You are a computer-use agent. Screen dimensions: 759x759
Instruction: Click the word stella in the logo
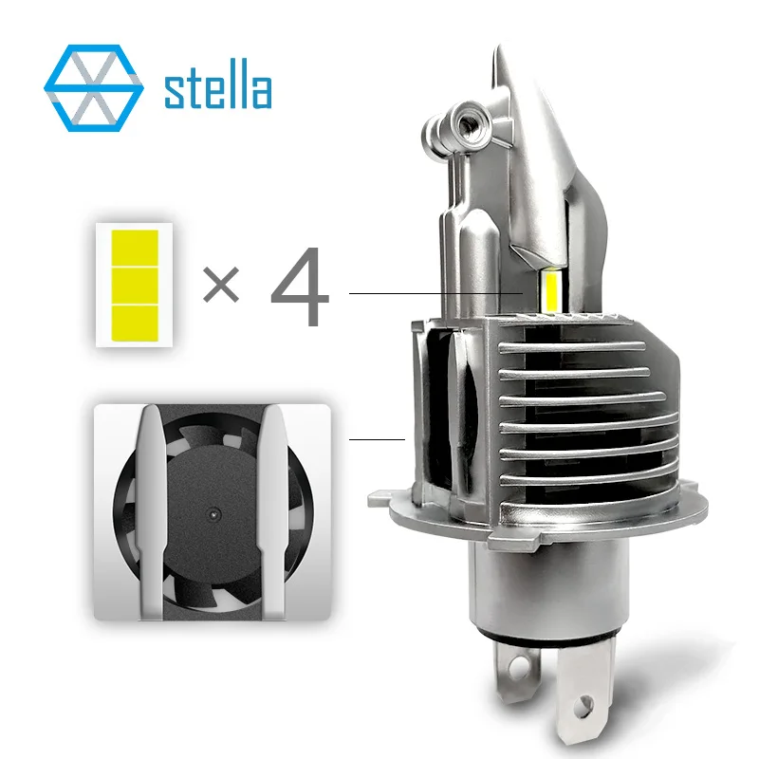(x=218, y=84)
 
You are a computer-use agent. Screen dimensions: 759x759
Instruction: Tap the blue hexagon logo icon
(x=93, y=88)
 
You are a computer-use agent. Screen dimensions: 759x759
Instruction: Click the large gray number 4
(x=300, y=287)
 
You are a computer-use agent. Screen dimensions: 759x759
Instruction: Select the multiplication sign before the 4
(x=221, y=284)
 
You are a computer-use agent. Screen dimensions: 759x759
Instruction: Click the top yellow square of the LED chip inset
(x=135, y=249)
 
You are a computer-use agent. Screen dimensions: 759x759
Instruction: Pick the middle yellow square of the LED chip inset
(x=135, y=286)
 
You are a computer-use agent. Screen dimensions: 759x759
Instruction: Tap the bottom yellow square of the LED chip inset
(x=135, y=324)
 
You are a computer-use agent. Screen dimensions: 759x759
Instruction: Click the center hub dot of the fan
(x=213, y=513)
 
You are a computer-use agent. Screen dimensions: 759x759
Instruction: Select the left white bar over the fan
(x=152, y=511)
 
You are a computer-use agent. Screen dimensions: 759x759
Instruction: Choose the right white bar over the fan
(x=272, y=511)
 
